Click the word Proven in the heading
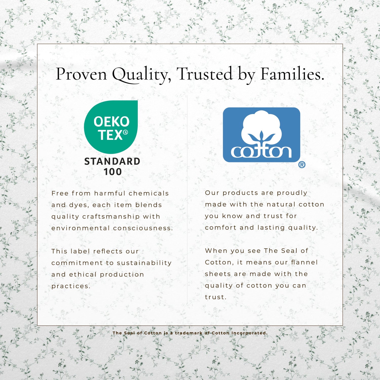81,74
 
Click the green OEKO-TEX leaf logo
111,127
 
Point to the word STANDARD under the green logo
112,161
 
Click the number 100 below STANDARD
112,172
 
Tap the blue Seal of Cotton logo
261,135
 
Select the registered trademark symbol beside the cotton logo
302,165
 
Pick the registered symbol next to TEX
125,132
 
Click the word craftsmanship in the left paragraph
111,217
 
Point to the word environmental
81,228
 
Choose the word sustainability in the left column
144,263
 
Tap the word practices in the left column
71,286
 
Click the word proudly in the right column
292,193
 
